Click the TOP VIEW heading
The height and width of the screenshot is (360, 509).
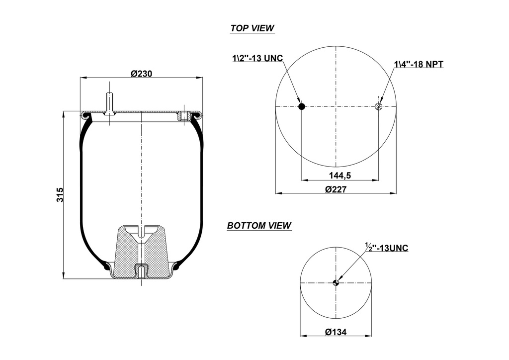tap(252, 28)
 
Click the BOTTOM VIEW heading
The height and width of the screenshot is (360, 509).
tap(259, 226)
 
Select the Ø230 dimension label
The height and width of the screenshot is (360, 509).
tap(141, 74)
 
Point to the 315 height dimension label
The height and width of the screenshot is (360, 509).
tap(60, 194)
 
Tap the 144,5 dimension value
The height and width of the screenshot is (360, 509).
tap(340, 175)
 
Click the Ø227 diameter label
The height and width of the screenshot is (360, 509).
tap(336, 189)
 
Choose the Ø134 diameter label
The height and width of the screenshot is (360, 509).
tap(336, 332)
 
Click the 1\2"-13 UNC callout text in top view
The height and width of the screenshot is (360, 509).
tap(257, 58)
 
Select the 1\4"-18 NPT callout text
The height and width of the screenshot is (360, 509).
tap(419, 64)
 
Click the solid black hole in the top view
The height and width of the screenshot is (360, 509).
tap(301, 106)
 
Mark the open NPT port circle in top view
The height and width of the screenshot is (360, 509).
tap(379, 106)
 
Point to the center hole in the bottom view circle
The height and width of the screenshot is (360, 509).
tap(336, 283)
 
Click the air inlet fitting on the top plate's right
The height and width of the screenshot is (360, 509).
tap(183, 116)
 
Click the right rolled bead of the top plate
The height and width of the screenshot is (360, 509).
tap(197, 116)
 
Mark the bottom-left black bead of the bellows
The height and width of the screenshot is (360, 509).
tap(107, 267)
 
